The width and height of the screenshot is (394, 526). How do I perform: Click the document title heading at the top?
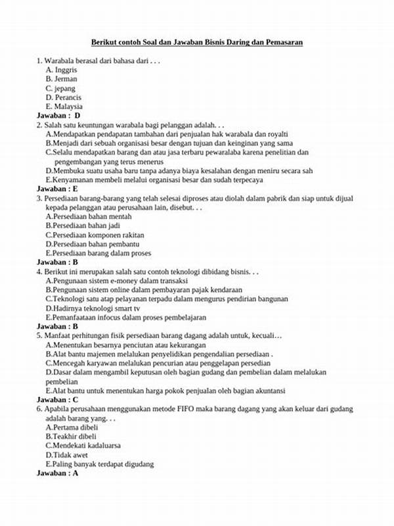tap(196, 42)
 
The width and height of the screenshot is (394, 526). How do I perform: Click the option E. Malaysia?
tap(64, 106)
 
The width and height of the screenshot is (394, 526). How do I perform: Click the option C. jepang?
tap(60, 87)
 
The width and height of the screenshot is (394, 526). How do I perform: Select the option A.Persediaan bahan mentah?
tap(88, 216)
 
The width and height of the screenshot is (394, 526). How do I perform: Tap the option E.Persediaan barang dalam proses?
tap(98, 252)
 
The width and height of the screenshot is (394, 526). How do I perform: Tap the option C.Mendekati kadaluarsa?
tap(83, 445)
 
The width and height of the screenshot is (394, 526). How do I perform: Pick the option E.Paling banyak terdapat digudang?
tap(99, 464)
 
